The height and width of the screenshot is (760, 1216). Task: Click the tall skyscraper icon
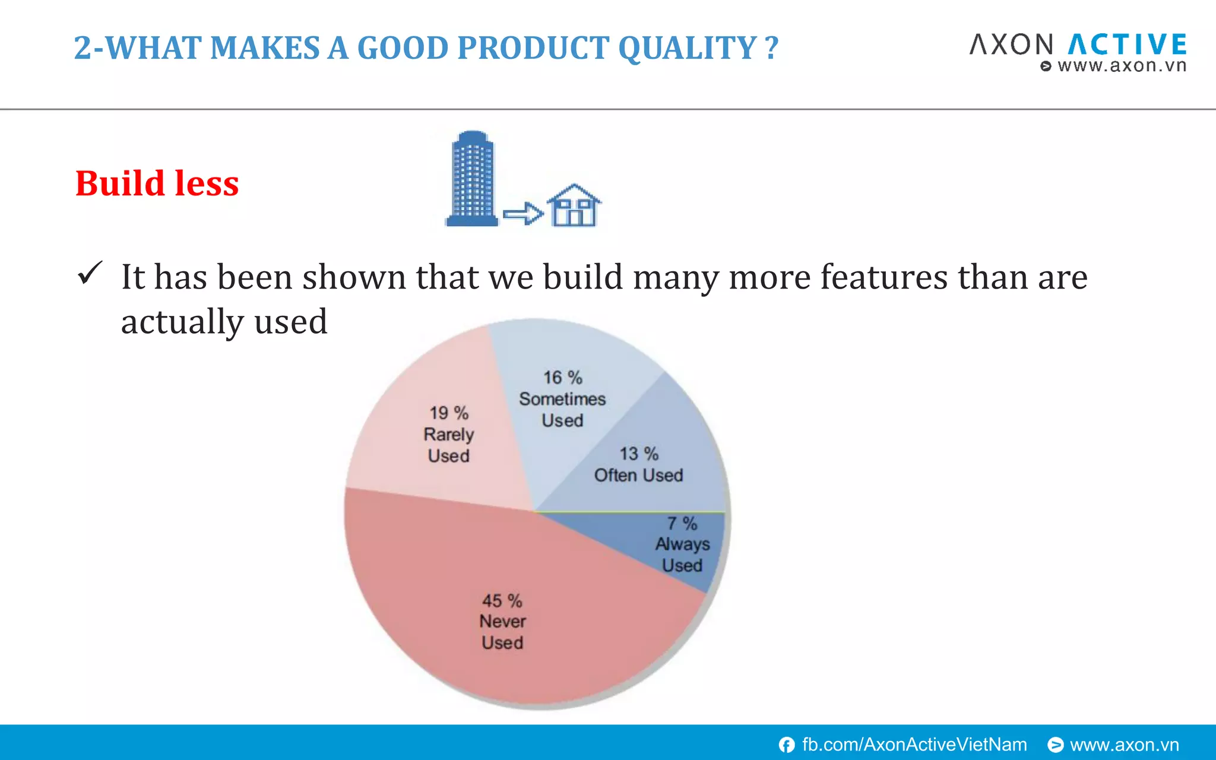(x=472, y=178)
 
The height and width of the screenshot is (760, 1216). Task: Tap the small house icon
(x=573, y=206)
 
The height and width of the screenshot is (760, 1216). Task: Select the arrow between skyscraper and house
(x=522, y=213)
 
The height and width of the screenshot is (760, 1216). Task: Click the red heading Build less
(x=157, y=183)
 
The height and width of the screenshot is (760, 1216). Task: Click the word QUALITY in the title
(x=687, y=47)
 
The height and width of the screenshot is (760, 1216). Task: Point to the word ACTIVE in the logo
(x=1128, y=45)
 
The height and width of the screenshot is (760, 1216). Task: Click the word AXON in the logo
(x=1012, y=45)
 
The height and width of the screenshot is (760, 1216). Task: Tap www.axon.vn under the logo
(x=1121, y=66)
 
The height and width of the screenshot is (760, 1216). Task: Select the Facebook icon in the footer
(x=787, y=745)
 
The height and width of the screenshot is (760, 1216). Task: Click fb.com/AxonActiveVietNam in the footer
(x=914, y=745)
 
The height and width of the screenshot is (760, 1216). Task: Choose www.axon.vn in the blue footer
(x=1124, y=745)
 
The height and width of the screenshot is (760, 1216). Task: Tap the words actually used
(x=224, y=321)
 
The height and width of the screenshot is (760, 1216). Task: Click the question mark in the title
(x=771, y=47)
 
